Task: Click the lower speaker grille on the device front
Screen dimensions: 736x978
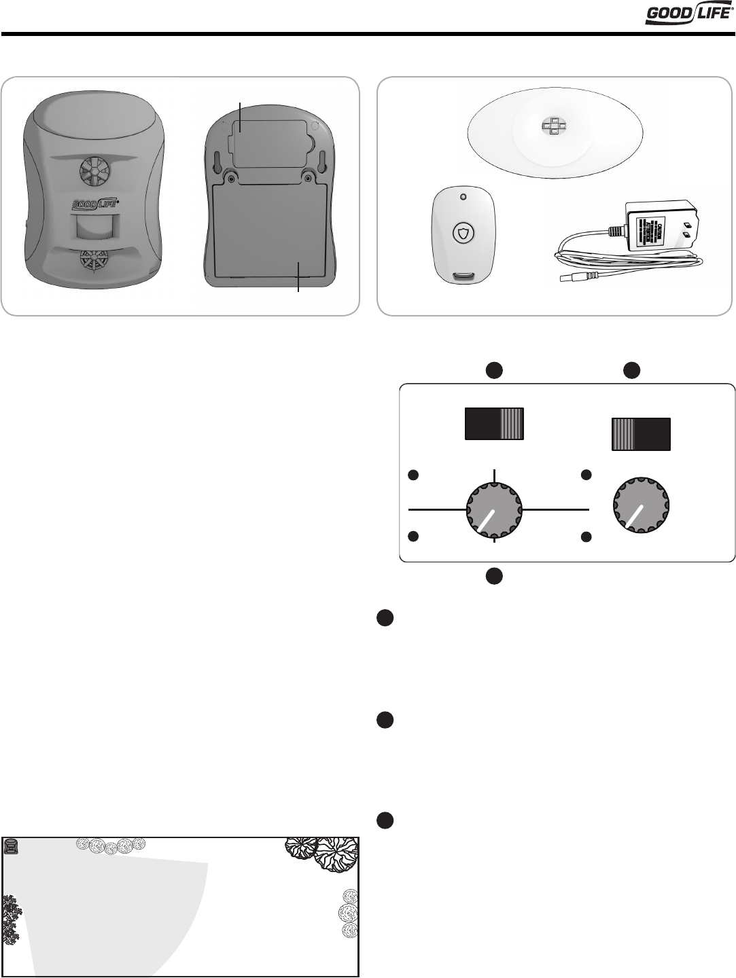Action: [92, 261]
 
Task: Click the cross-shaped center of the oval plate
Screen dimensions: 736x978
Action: [554, 126]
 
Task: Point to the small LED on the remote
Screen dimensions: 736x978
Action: [463, 197]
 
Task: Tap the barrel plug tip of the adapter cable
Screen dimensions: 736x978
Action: [564, 278]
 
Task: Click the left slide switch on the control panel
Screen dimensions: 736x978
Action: [494, 424]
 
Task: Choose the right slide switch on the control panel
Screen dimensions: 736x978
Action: [642, 434]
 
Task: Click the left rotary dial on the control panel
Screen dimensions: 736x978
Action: [494, 508]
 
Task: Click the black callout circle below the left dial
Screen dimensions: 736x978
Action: [494, 576]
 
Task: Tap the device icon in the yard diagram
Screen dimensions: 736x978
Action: [11, 846]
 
